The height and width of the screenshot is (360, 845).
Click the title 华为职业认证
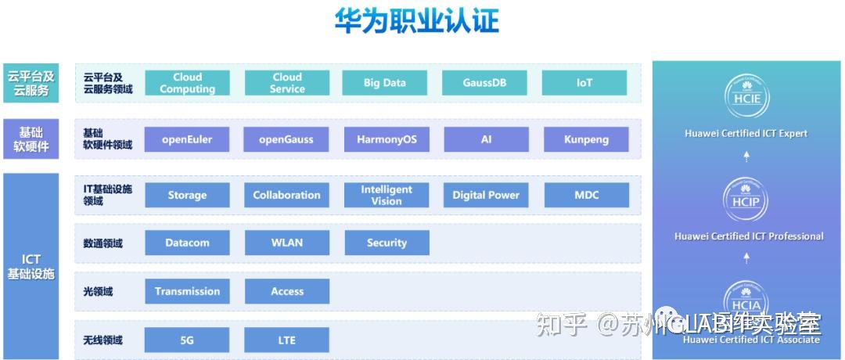coord(416,21)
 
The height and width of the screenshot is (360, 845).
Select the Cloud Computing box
coord(187,83)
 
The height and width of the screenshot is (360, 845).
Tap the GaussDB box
coord(484,83)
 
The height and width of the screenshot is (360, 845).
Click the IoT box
coord(584,83)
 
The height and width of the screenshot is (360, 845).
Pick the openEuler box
coord(187,140)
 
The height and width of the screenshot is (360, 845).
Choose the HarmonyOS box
coord(387,140)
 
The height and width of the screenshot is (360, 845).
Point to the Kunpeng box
coord(586,140)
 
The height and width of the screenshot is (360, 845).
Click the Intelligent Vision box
coord(387,195)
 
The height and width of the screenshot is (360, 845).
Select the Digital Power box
coord(486,195)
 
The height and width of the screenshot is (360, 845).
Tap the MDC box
coord(586,195)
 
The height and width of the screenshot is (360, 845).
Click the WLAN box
coord(287,243)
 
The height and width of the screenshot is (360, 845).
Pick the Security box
coord(387,243)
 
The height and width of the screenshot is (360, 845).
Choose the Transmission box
coord(187,291)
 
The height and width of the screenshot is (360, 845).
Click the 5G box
coord(187,340)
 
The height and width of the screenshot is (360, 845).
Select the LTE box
coord(287,340)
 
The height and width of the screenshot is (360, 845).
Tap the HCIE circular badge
coord(746,95)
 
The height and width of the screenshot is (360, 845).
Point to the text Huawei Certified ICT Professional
coord(749,236)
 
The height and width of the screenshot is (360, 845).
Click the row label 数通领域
coord(103,243)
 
